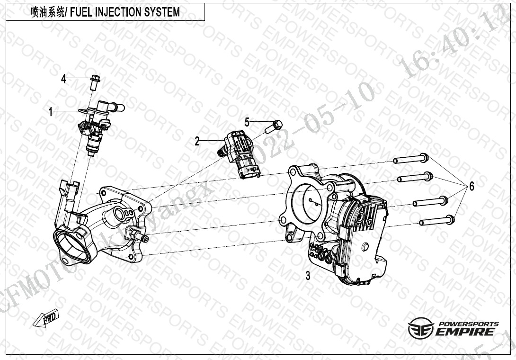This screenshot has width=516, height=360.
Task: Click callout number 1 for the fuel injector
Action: coord(51,112)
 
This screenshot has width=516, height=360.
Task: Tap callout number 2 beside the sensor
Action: coord(197,141)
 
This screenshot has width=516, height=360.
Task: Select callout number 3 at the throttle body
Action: coord(308,275)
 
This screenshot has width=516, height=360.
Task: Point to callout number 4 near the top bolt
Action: coord(63,79)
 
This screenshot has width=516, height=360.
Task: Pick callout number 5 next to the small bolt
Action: coord(247,122)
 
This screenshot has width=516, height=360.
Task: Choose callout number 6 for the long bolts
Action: coord(471,186)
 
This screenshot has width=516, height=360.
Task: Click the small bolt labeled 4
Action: coord(94,82)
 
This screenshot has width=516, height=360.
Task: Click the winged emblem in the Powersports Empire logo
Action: coord(420,329)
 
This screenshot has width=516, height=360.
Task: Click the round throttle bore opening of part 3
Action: coord(309,201)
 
